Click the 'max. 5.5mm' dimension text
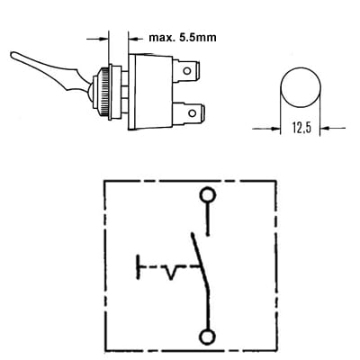point(183,38)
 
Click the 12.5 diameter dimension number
point(301,128)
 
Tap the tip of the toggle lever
point(13,55)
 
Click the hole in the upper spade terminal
point(187,71)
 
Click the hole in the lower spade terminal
point(192,113)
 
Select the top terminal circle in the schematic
point(208,194)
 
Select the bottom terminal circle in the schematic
point(208,337)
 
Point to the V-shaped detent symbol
point(171,272)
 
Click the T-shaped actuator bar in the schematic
point(139,267)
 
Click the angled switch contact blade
point(200,261)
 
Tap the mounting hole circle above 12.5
point(301,87)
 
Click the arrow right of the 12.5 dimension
point(333,128)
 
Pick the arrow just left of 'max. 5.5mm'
point(136,39)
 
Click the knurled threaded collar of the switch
point(103,92)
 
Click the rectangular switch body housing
point(150,92)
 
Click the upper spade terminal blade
point(186,71)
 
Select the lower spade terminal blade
point(189,114)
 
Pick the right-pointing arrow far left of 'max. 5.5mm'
point(97,39)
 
